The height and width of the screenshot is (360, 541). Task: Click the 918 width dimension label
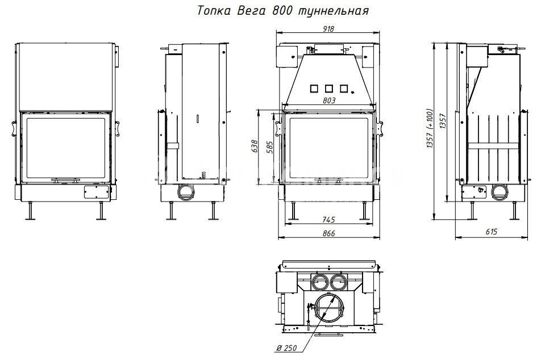click(x=328, y=29)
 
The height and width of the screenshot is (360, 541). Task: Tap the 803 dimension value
click(x=329, y=101)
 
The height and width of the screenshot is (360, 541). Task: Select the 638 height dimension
click(x=255, y=146)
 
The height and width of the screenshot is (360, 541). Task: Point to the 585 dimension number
click(x=270, y=147)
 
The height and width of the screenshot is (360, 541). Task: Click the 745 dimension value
click(x=328, y=220)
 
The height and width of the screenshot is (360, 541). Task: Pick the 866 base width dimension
click(x=328, y=233)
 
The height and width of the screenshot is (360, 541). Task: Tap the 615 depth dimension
click(x=492, y=232)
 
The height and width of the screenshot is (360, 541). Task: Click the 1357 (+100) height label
click(x=430, y=129)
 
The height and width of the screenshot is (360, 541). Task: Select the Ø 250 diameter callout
click(x=286, y=348)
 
